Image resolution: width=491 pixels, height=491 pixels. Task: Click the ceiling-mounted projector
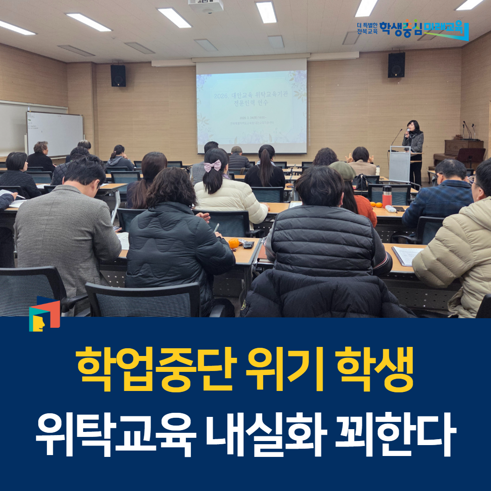pyautogui.click(x=206, y=5)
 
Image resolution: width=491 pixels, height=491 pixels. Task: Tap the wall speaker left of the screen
pyautogui.click(x=118, y=75)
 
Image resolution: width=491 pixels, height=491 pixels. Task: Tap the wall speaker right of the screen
pyautogui.click(x=396, y=65)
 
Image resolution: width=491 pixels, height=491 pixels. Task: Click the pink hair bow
pyautogui.click(x=212, y=166)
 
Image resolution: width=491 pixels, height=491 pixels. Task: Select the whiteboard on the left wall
pyautogui.click(x=55, y=133)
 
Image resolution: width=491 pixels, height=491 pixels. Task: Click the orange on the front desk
pyautogui.click(x=234, y=243)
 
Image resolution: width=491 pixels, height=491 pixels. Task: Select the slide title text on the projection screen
pyautogui.click(x=251, y=100)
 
